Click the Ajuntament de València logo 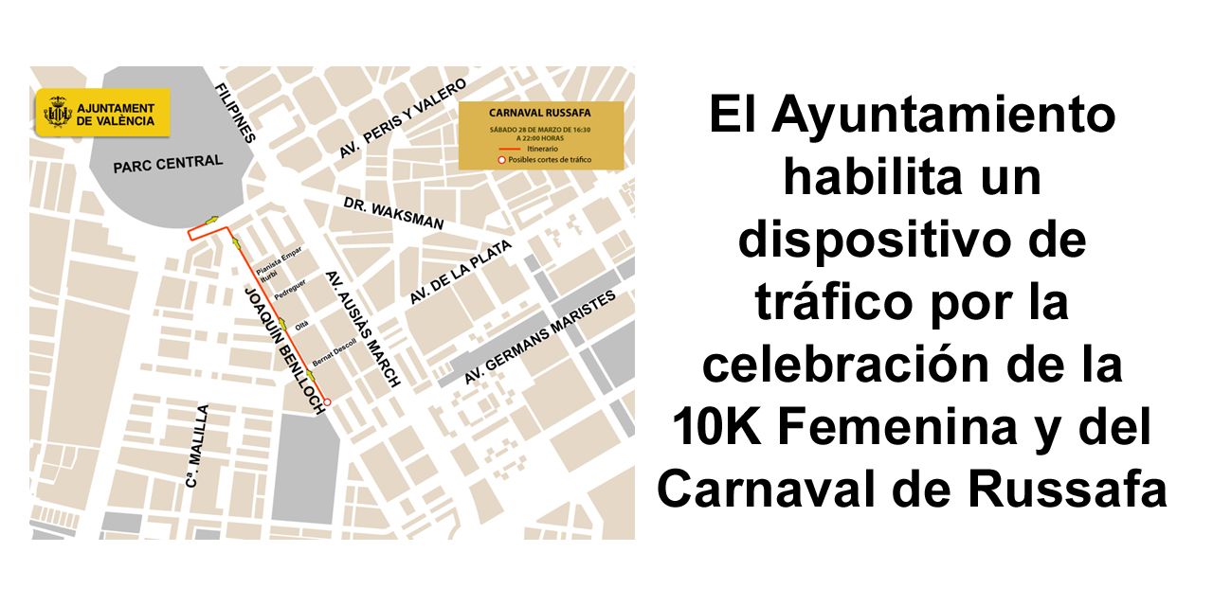(102, 113)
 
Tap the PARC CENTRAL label (167, 164)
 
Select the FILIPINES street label (236, 113)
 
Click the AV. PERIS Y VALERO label (403, 118)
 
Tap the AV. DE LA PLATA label (460, 273)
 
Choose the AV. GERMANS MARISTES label (539, 337)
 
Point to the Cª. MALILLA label (196, 447)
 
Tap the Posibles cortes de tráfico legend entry (543, 160)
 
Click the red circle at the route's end (328, 403)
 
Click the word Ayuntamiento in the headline (944, 116)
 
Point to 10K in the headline (718, 428)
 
